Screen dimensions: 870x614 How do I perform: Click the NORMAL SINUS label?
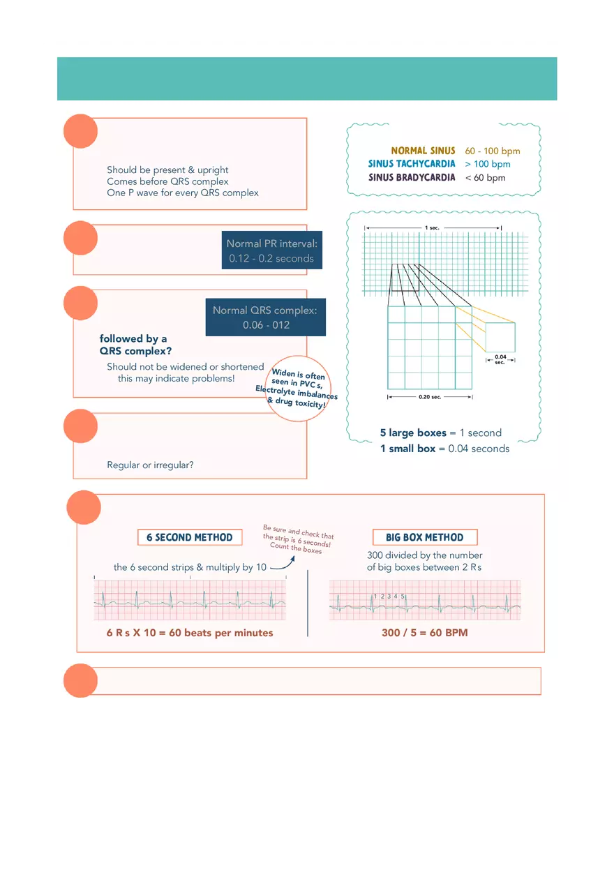click(423, 151)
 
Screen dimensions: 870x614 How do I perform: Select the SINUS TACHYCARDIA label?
click(412, 164)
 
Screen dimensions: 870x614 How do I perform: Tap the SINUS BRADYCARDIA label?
click(412, 177)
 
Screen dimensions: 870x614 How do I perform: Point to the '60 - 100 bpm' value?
click(493, 151)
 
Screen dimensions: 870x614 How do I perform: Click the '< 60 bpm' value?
click(485, 178)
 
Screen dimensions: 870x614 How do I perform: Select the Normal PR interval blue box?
click(271, 251)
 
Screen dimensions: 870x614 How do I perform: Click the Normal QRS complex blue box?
click(265, 317)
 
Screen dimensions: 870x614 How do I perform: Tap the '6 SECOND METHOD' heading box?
click(190, 537)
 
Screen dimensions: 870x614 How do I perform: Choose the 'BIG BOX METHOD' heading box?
click(425, 537)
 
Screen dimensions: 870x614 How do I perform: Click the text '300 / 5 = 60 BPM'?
click(425, 633)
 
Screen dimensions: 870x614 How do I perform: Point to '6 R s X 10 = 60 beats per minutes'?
click(190, 633)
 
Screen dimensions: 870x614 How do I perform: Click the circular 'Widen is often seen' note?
click(297, 389)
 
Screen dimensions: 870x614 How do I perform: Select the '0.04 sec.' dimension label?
click(500, 359)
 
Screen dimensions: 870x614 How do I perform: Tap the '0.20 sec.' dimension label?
click(430, 397)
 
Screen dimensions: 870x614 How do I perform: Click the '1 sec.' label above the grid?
click(432, 228)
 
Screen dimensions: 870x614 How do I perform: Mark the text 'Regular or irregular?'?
click(150, 465)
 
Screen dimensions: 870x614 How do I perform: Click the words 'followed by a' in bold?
click(133, 339)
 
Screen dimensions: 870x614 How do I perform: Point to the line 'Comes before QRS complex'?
click(167, 181)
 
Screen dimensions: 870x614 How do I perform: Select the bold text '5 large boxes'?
click(413, 433)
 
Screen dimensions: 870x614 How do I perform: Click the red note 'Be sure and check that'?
click(299, 532)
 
